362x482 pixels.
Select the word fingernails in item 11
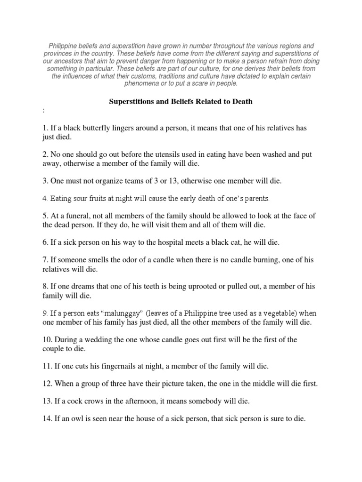tap(112, 366)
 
